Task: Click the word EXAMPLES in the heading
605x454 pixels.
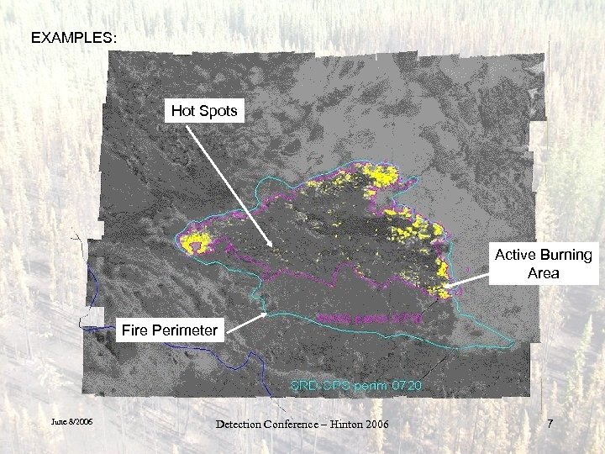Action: point(74,39)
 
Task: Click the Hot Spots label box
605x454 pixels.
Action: point(204,110)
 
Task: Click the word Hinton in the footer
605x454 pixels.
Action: point(334,424)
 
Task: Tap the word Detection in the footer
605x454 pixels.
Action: point(243,424)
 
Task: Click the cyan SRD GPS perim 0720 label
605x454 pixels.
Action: point(354,385)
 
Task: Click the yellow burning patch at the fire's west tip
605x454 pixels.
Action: point(197,245)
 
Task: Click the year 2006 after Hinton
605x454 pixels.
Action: point(373,424)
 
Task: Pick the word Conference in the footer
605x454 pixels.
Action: point(291,424)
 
